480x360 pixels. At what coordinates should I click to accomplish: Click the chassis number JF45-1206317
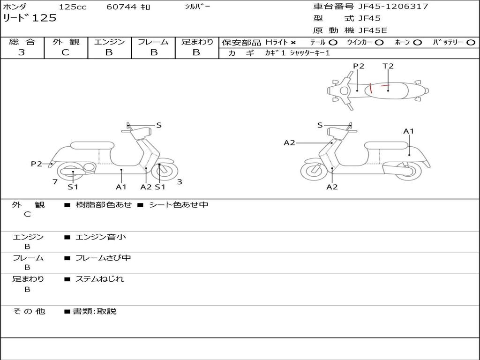393,7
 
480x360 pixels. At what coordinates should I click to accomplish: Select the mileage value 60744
121,7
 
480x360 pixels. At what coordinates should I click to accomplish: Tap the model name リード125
30,18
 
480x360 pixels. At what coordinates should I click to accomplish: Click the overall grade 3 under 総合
22,52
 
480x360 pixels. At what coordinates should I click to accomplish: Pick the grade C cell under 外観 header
65,52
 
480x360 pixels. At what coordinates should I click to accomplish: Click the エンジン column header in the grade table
109,42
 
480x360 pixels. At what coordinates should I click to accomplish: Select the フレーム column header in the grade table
153,42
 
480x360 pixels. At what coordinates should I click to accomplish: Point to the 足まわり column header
197,42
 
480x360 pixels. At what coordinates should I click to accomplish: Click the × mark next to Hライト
293,42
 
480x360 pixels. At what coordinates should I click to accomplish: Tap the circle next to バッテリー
471,42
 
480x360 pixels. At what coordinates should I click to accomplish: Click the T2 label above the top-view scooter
388,66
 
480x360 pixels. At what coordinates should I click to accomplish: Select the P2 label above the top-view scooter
359,66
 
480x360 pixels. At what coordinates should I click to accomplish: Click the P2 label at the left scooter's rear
37,164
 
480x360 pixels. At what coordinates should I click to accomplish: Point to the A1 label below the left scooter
121,187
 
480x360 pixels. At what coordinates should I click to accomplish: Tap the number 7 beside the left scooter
55,181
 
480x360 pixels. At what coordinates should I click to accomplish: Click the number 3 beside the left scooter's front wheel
180,182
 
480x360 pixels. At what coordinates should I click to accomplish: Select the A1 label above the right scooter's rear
409,131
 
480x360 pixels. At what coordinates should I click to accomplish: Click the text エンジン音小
101,237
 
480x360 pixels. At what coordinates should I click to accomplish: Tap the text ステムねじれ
100,279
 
